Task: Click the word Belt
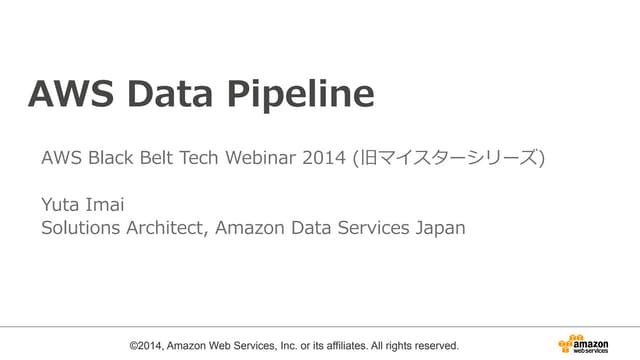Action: [166, 158]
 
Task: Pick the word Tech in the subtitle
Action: [214, 158]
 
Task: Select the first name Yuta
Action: [62, 206]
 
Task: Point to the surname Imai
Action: [109, 206]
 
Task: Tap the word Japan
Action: [440, 228]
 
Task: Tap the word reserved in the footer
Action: [435, 345]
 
